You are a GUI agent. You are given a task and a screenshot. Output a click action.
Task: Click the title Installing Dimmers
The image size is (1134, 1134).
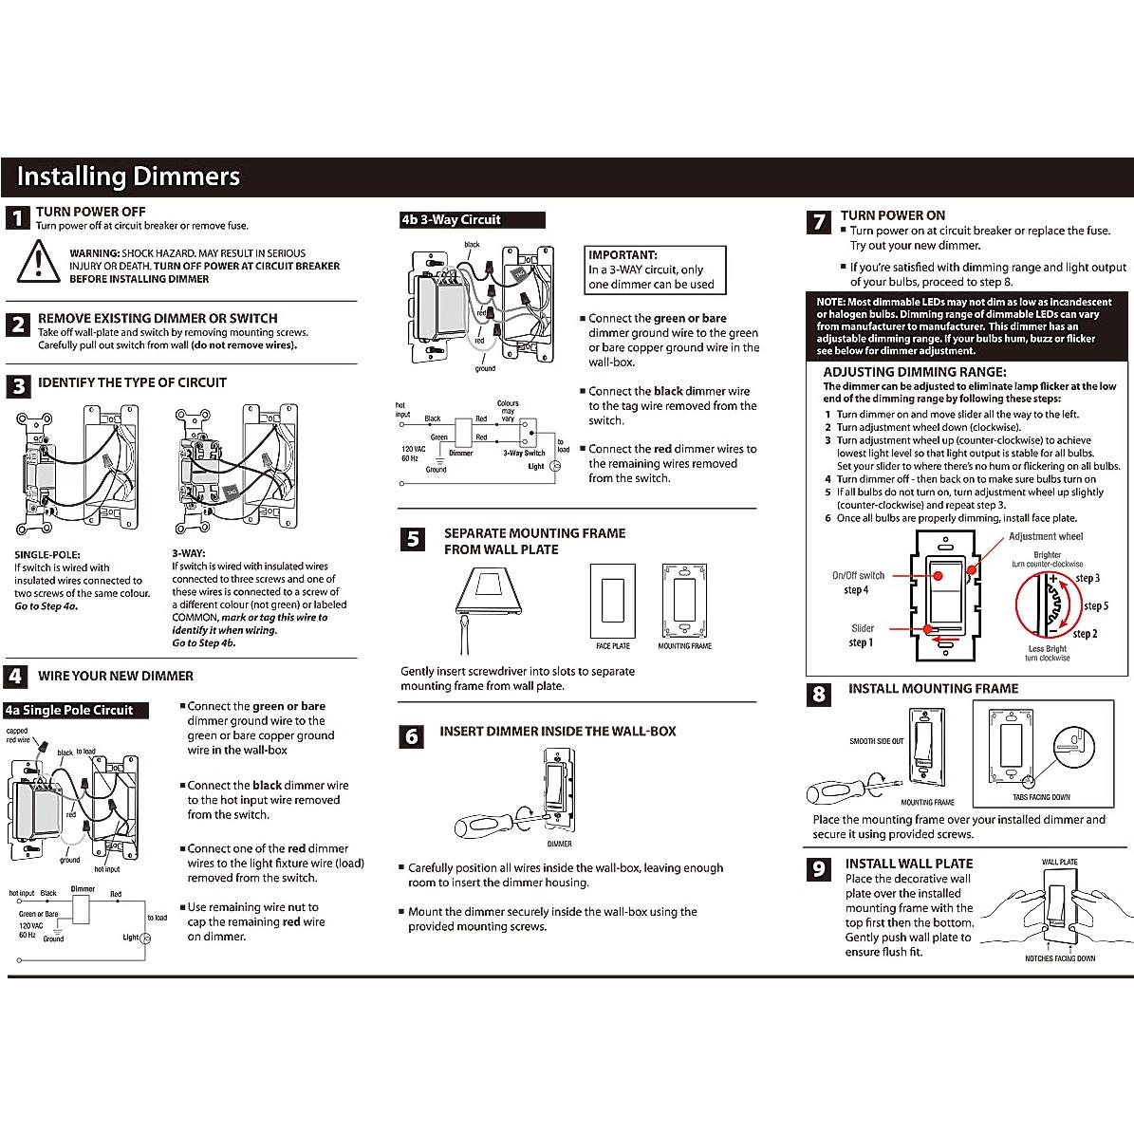click(x=128, y=177)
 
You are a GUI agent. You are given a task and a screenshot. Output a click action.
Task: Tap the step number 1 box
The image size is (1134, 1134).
click(x=18, y=218)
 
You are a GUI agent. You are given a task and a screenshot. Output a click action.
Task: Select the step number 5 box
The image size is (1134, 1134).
click(x=412, y=540)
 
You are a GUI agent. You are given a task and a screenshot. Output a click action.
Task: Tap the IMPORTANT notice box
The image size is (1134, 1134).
click(x=655, y=270)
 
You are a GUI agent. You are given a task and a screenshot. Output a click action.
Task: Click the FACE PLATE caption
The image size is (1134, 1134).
click(x=613, y=646)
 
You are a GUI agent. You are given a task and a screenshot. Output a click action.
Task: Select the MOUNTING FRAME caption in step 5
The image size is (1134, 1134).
click(x=684, y=646)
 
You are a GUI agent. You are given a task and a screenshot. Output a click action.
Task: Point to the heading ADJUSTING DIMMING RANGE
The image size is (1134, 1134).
click(x=914, y=372)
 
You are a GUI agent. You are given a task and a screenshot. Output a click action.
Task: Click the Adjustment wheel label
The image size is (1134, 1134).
click(x=1046, y=536)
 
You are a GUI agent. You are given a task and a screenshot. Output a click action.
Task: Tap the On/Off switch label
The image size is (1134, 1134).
click(x=858, y=575)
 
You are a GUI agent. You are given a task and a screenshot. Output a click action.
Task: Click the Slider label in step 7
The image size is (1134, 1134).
click(x=863, y=628)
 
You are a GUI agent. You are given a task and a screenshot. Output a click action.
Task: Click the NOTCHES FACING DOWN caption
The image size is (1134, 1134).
click(x=1059, y=958)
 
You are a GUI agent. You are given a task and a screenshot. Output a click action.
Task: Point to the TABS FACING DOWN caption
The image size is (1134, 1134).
click(x=1041, y=797)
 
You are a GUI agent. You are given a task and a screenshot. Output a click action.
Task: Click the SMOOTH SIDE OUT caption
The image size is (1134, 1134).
click(x=877, y=741)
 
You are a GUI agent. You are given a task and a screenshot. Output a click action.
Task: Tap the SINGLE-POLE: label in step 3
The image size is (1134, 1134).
click(x=47, y=554)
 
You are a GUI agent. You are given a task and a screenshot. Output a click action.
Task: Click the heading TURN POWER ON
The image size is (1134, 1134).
click(x=893, y=215)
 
